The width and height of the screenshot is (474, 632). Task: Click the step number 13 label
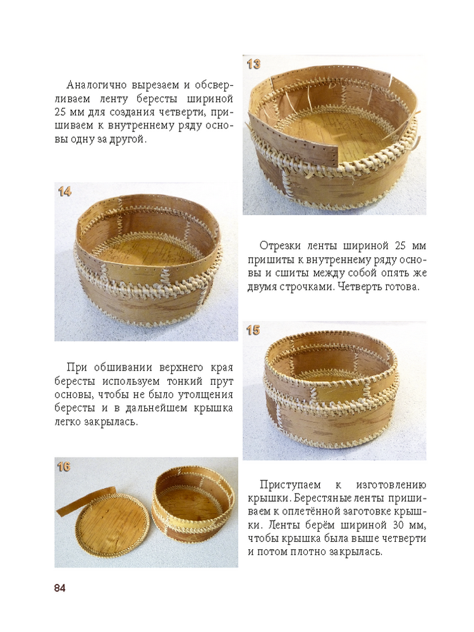tap(253, 64)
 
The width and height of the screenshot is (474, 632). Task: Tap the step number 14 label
tap(64, 191)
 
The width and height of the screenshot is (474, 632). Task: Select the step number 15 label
tap(253, 331)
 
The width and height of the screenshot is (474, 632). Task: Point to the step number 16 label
tap(64, 467)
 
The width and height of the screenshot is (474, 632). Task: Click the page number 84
tap(59, 588)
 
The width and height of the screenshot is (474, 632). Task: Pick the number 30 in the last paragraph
tap(393, 526)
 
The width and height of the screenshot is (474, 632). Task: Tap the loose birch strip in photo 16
tap(86, 502)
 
